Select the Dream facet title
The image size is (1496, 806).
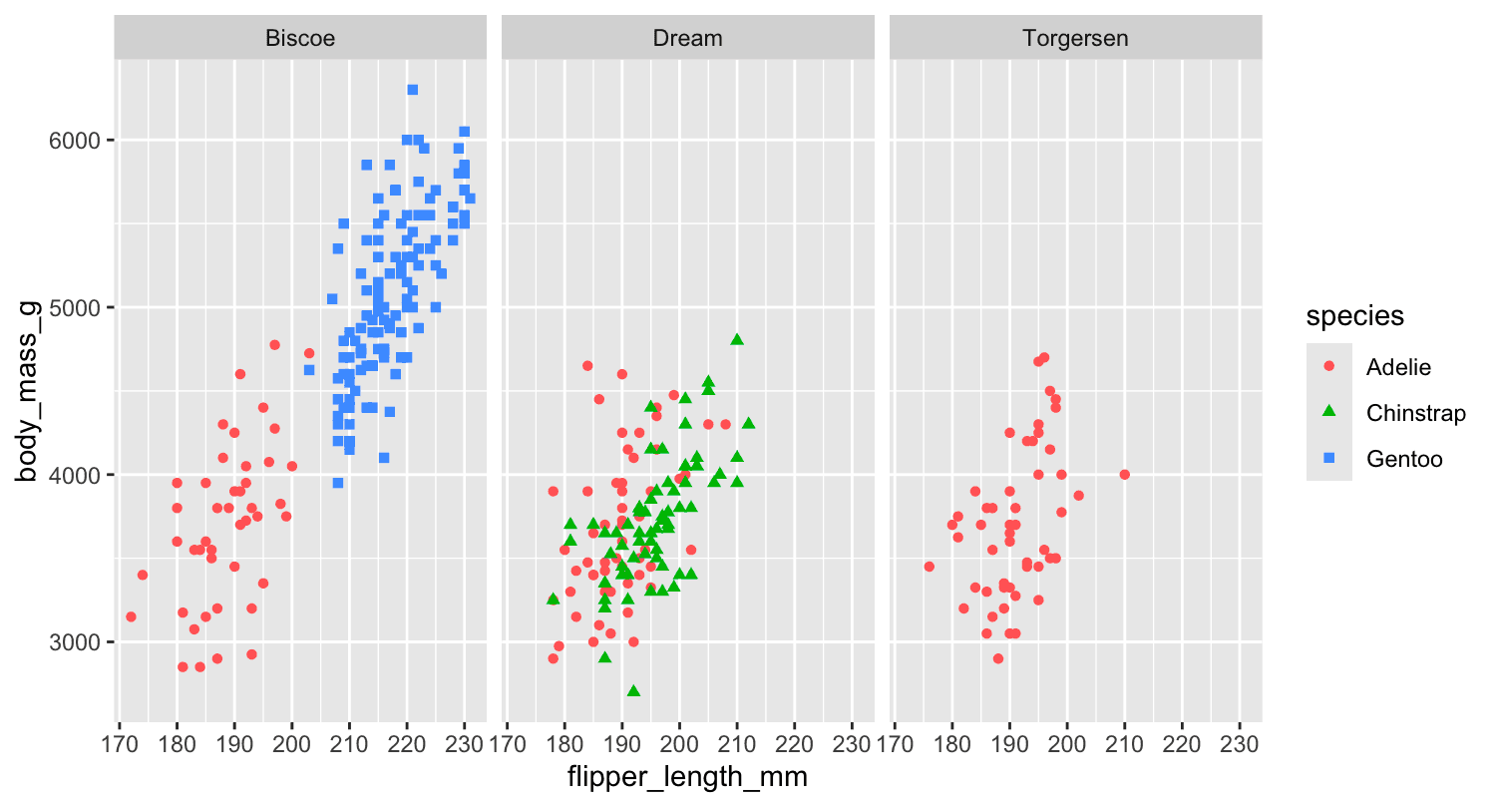pos(687,39)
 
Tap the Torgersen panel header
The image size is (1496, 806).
pos(1075,39)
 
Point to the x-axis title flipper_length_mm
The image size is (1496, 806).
pos(687,776)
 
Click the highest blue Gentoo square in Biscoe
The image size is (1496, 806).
pos(412,90)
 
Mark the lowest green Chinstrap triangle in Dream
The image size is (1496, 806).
pos(633,690)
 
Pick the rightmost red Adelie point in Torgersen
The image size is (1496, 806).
pos(1125,475)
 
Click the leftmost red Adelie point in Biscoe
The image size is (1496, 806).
pos(131,616)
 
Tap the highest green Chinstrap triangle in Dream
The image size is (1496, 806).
pos(737,339)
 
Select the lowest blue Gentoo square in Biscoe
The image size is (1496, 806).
pos(338,483)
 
